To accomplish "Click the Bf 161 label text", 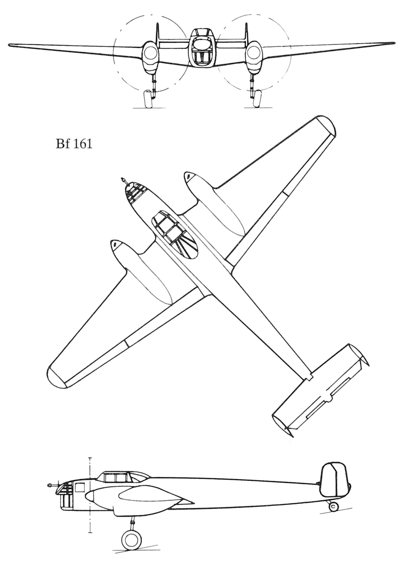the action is click(74, 144).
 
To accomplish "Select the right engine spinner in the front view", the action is click(252, 52).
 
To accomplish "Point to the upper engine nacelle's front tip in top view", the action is click(188, 175).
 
